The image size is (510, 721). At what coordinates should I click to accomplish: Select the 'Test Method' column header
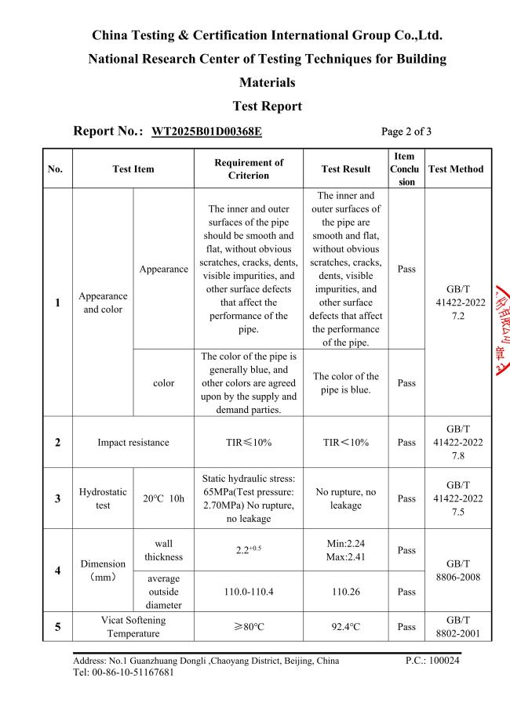pyautogui.click(x=457, y=168)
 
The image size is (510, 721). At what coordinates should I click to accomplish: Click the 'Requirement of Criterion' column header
pyautogui.click(x=249, y=168)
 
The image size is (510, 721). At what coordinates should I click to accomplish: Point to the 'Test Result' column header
pyautogui.click(x=346, y=168)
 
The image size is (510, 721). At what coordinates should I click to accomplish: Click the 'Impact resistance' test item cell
pyautogui.click(x=133, y=442)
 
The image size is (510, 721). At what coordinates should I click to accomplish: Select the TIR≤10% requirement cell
pyautogui.click(x=249, y=442)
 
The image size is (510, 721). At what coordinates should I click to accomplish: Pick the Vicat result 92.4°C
pyautogui.click(x=346, y=627)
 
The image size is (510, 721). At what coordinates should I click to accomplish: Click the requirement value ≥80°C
pyautogui.click(x=249, y=627)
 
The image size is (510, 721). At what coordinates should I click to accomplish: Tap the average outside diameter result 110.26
pyautogui.click(x=346, y=592)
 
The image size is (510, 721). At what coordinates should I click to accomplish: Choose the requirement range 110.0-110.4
pyautogui.click(x=249, y=592)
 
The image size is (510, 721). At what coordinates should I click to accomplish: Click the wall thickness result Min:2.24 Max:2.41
pyautogui.click(x=346, y=551)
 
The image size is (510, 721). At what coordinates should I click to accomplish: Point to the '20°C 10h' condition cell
pyautogui.click(x=164, y=499)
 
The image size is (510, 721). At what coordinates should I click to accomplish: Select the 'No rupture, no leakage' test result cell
pyautogui.click(x=346, y=499)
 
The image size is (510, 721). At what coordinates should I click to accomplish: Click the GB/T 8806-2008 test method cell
pyautogui.click(x=457, y=571)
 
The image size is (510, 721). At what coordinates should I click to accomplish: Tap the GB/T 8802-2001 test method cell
pyautogui.click(x=457, y=627)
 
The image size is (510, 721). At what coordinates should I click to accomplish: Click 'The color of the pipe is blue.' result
pyautogui.click(x=346, y=383)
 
